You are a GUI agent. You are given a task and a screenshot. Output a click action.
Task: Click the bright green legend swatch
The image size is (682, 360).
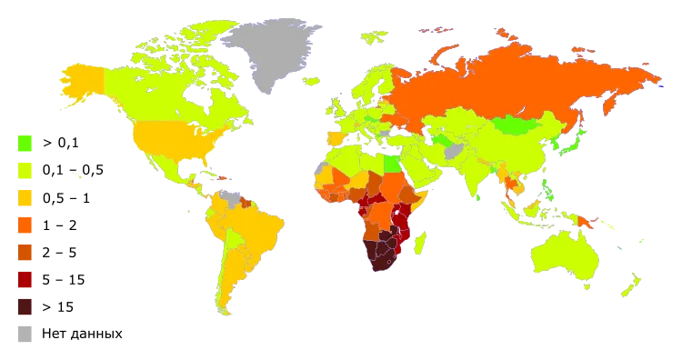coord(25,143)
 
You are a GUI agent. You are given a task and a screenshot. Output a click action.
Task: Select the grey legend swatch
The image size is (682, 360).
coord(25,335)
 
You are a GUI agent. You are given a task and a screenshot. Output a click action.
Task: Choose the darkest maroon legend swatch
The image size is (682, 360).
coord(25,307)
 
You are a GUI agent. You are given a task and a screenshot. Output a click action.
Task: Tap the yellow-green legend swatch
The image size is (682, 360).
coord(25,170)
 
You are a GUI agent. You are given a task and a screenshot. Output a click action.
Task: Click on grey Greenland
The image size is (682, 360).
coord(268,55)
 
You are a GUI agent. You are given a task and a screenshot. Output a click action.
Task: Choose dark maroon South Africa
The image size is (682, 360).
coord(382,264)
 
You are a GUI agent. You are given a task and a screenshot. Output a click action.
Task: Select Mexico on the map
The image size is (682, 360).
coord(164,173)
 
